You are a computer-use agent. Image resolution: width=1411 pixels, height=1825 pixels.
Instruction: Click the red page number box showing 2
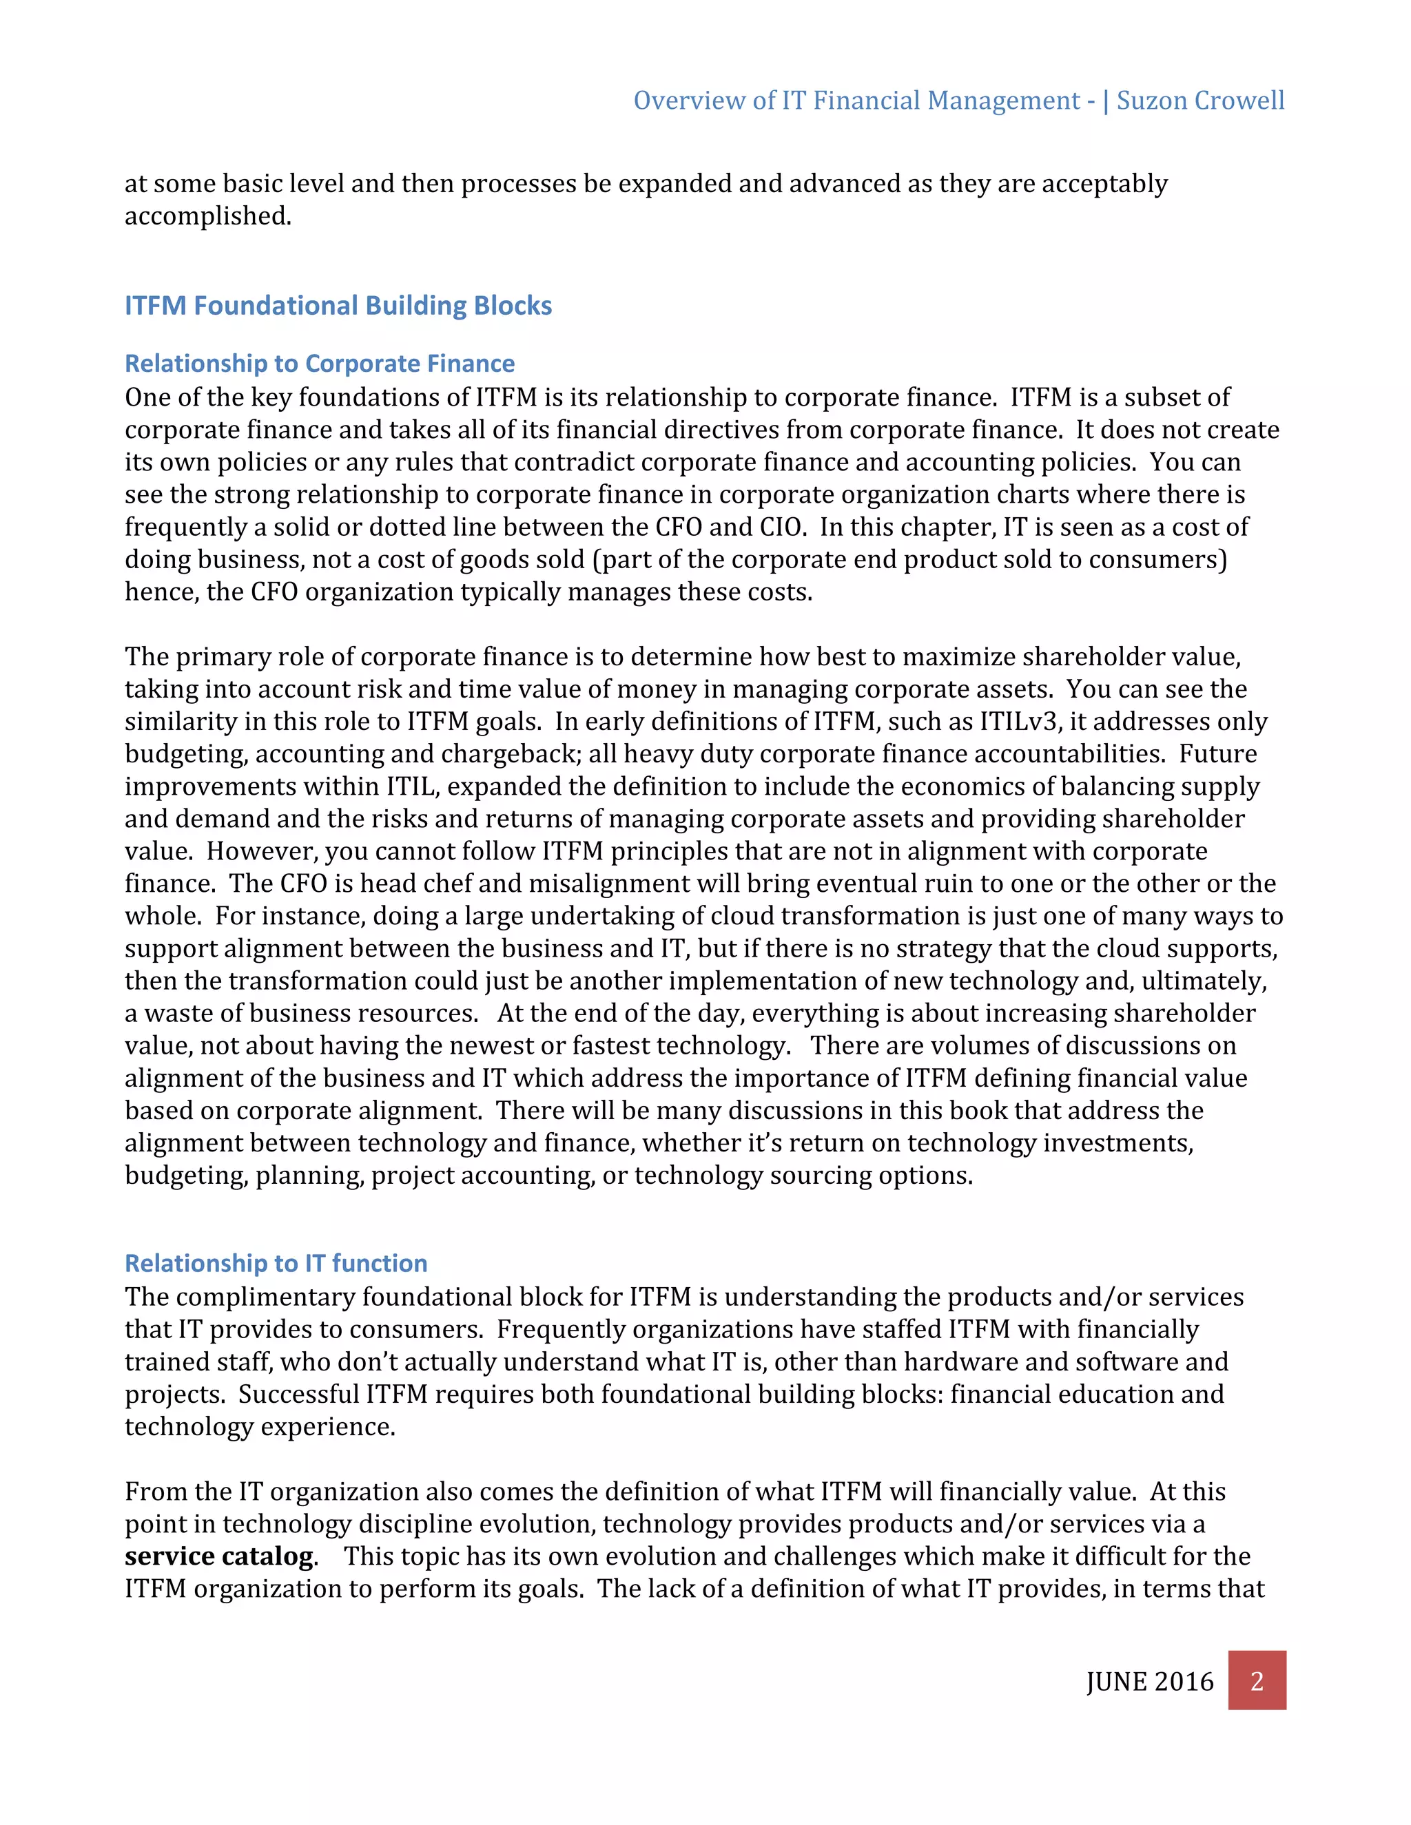(x=1257, y=1680)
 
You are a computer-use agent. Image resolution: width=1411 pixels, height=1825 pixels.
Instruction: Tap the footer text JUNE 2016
(x=1149, y=1681)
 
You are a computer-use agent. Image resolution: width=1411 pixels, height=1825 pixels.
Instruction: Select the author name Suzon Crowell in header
(x=1200, y=101)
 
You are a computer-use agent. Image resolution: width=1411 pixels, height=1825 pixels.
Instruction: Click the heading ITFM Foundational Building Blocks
(x=338, y=306)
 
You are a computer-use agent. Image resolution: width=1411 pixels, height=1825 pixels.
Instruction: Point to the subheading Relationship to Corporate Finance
(x=319, y=364)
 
